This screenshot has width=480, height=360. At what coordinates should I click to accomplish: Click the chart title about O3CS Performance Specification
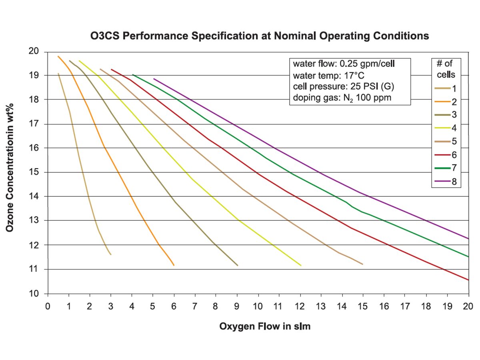point(260,36)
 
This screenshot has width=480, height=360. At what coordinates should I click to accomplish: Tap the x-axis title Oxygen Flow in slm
point(265,326)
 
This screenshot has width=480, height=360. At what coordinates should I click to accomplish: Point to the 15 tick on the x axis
point(363,306)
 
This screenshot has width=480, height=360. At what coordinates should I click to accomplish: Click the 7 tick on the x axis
point(195,306)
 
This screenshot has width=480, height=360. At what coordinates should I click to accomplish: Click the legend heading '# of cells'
point(448,68)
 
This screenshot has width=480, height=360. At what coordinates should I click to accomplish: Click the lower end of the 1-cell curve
point(110,254)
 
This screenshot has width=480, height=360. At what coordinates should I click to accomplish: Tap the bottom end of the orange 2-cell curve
point(174,265)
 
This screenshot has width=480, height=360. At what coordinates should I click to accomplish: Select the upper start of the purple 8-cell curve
point(154,79)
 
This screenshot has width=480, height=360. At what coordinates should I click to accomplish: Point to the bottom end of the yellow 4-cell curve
point(300,265)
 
